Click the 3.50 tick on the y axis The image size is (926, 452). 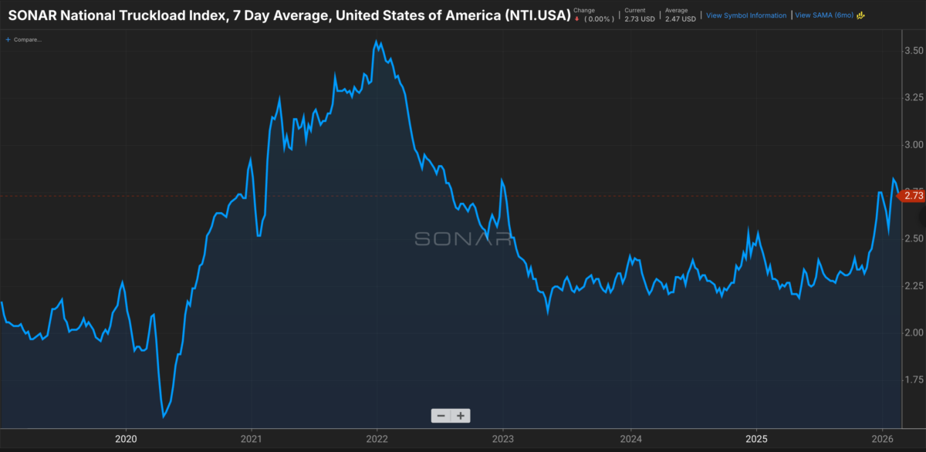point(914,50)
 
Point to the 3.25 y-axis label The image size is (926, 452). point(914,97)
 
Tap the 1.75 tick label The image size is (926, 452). point(914,379)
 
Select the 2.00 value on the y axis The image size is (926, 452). point(914,332)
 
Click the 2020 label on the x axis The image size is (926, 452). point(125,439)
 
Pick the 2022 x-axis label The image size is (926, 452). point(377,439)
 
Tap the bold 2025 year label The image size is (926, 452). point(755,439)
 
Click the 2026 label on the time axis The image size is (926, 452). point(882,439)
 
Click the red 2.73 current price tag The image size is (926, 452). point(914,196)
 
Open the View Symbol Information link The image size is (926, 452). point(746,15)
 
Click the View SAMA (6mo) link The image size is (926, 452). point(824,15)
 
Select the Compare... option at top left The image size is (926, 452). point(25,39)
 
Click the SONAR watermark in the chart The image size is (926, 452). point(463,238)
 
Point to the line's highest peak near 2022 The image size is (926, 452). point(376,42)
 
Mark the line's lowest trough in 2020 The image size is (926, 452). point(164,417)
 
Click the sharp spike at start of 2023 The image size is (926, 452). point(502,180)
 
